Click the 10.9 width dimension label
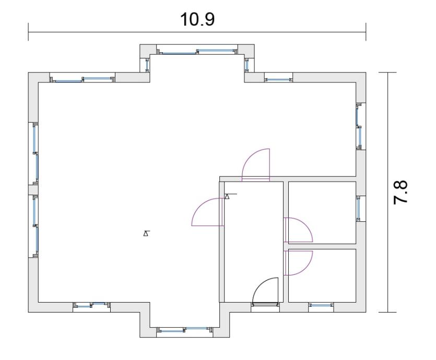pyautogui.click(x=197, y=19)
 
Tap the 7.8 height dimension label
pyautogui.click(x=400, y=192)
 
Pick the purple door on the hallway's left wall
pyautogui.click(x=208, y=212)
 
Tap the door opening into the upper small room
pyautogui.click(x=298, y=230)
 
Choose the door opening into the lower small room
pyautogui.click(x=298, y=263)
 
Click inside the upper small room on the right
pyautogui.click(x=322, y=212)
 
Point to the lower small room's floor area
pyautogui.click(x=322, y=275)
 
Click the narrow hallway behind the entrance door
pyautogui.click(x=254, y=242)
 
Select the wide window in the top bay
pyautogui.click(x=197, y=51)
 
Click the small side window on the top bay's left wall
pyautogui.click(x=147, y=65)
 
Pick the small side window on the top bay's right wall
pyautogui.click(x=246, y=65)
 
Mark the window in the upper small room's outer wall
pyautogui.click(x=359, y=208)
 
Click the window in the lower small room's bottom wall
pyautogui.click(x=321, y=305)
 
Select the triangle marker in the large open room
pyautogui.click(x=146, y=233)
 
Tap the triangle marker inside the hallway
pyautogui.click(x=228, y=196)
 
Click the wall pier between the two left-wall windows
pyautogui.click(x=33, y=190)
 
